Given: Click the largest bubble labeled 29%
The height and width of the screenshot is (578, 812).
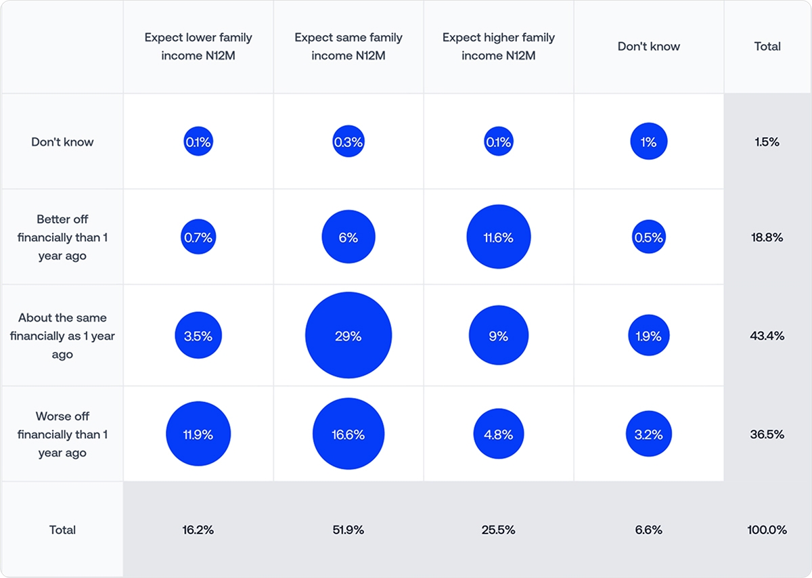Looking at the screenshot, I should tap(348, 336).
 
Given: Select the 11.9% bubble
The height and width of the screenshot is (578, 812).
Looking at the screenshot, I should tap(198, 434).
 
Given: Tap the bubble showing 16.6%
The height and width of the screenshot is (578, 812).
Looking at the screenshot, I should tap(348, 434).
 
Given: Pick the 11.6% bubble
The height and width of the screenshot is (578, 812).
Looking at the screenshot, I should tap(499, 238).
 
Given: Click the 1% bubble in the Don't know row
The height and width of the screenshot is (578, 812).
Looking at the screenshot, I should tap(649, 142).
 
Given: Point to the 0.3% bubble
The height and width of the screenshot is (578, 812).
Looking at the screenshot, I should tap(348, 142).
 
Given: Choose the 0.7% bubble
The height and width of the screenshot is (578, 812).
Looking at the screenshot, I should tap(198, 238).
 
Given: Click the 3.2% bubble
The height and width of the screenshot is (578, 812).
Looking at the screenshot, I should tap(649, 434).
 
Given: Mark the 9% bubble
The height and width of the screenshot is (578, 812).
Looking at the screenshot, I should tap(499, 336).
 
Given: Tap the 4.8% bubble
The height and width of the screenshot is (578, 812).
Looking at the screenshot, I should tap(499, 434).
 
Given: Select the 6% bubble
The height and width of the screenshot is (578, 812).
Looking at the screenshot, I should tap(348, 238).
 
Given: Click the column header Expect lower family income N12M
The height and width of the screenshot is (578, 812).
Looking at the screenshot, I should tap(198, 47).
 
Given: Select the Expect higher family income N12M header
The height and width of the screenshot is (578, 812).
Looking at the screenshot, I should tap(499, 47).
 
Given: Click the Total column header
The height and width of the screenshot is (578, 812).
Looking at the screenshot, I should tap(767, 47).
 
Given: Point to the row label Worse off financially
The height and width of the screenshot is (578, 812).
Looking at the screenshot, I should tap(62, 435).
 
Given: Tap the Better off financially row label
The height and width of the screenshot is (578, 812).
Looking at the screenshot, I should tap(62, 238).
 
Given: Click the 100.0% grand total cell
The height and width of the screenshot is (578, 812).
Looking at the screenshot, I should tap(767, 530).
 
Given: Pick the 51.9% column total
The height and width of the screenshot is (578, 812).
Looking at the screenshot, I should tap(348, 530).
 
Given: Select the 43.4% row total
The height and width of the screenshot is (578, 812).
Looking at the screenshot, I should tap(767, 336).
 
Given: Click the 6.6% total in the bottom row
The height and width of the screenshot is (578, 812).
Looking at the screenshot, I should tap(649, 530).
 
